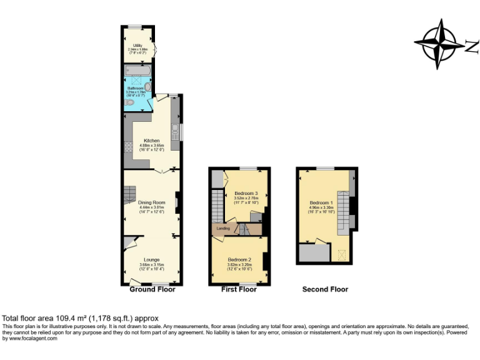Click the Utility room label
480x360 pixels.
(x=137, y=46)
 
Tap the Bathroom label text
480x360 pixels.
(x=136, y=88)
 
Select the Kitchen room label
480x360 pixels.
(x=151, y=140)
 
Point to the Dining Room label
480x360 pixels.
(x=151, y=202)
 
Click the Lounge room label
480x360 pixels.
(x=151, y=259)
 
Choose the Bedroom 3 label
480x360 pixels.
(x=246, y=194)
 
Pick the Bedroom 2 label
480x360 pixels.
(x=239, y=259)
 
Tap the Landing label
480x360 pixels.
(x=223, y=229)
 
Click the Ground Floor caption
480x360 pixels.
(x=152, y=289)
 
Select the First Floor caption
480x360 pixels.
(x=239, y=289)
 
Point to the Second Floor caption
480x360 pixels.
(x=325, y=289)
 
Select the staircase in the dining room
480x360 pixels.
(x=130, y=200)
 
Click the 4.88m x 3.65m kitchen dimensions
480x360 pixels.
(x=151, y=146)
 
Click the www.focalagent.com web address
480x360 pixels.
(x=30, y=338)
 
